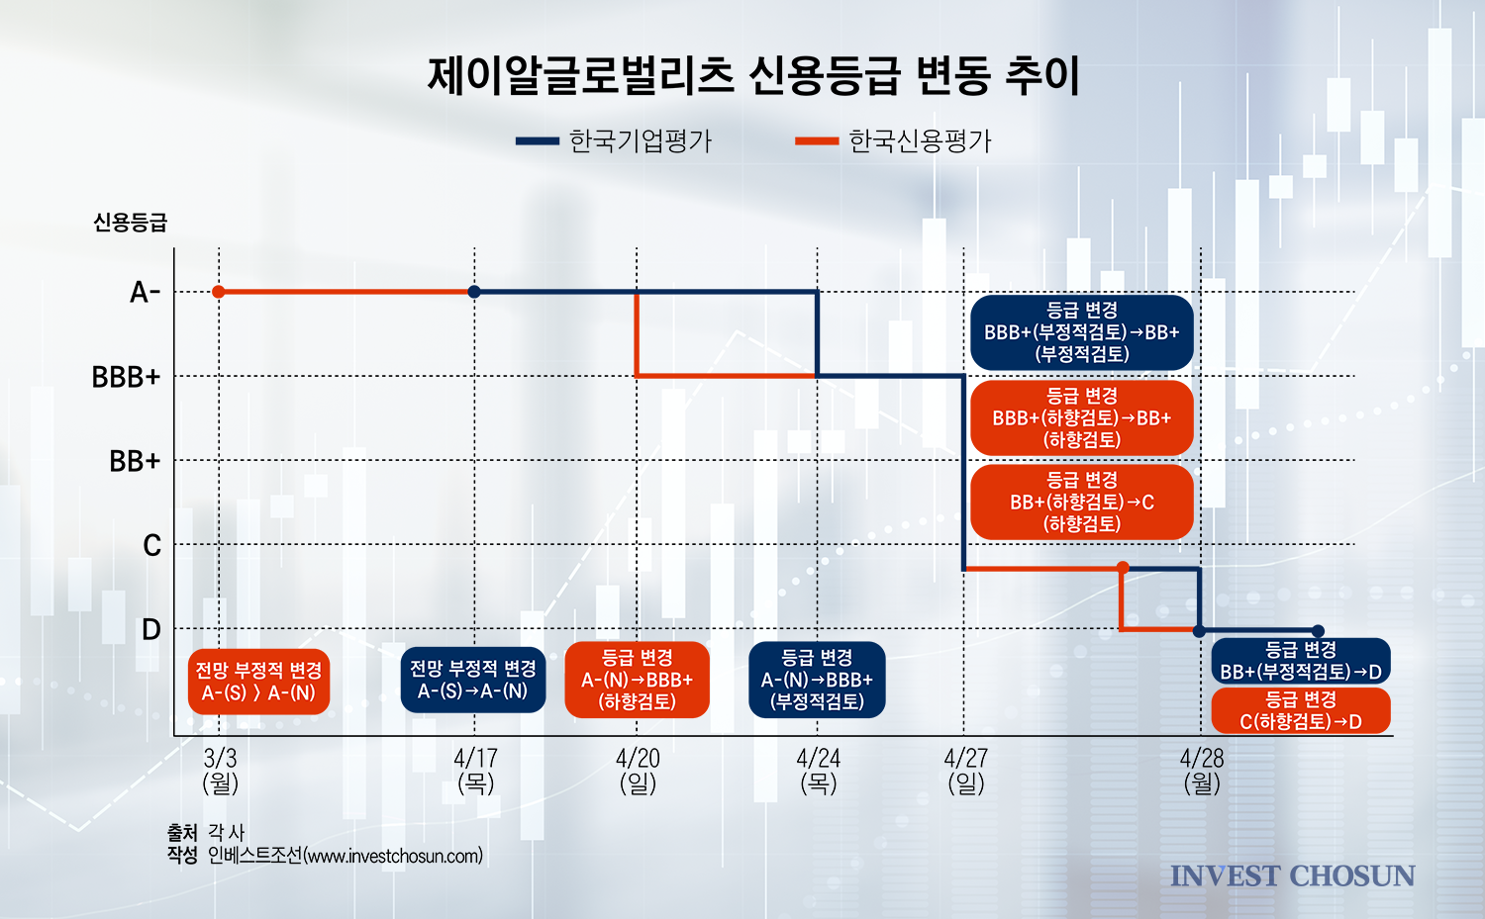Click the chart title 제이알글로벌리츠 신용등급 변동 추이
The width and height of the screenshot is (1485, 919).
click(x=753, y=76)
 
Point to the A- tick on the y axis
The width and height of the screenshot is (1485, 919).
click(x=145, y=293)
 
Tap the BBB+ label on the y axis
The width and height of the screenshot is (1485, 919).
click(x=126, y=377)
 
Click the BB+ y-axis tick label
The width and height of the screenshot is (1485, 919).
click(x=135, y=461)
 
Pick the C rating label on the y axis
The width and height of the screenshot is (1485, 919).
click(x=151, y=545)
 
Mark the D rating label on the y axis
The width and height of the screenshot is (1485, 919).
click(x=150, y=629)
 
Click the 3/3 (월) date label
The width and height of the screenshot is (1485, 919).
click(x=220, y=771)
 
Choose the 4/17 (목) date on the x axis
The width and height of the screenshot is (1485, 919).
click(x=475, y=771)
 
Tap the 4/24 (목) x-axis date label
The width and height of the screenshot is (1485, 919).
click(x=818, y=771)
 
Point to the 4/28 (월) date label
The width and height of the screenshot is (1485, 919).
click(x=1201, y=771)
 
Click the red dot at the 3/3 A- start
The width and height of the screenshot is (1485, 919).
click(x=219, y=292)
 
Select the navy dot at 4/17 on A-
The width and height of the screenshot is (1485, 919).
click(x=474, y=292)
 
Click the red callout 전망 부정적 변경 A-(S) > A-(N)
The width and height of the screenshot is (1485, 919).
click(x=258, y=682)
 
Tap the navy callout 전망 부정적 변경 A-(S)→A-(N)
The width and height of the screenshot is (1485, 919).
click(x=473, y=680)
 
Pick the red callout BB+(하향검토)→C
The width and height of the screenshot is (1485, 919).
click(x=1082, y=502)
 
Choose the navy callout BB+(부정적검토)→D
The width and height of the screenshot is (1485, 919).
click(x=1301, y=661)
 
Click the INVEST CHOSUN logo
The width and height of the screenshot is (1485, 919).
click(x=1292, y=876)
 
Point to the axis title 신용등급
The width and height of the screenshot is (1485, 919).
click(x=130, y=223)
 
